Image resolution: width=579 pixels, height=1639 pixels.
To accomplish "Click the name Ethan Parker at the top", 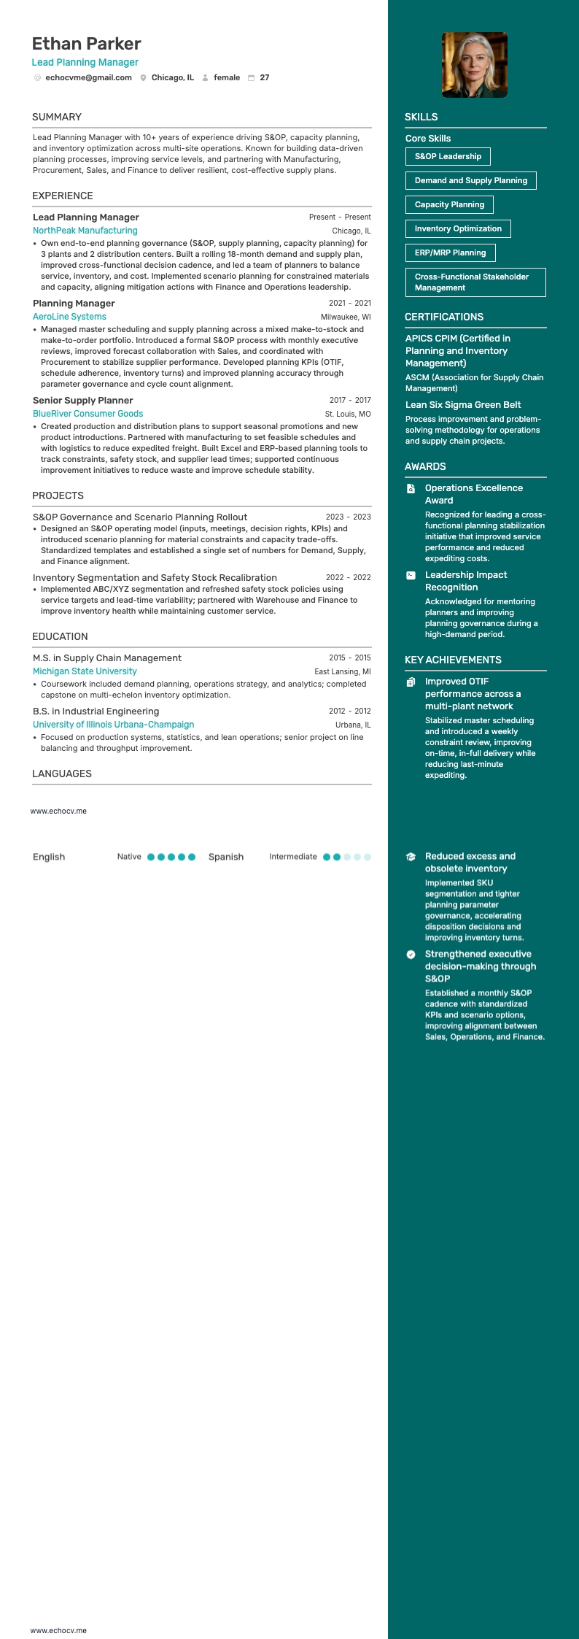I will [x=86, y=44].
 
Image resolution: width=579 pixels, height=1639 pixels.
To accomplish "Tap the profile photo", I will [x=474, y=65].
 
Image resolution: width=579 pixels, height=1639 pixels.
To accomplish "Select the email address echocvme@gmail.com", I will [x=88, y=77].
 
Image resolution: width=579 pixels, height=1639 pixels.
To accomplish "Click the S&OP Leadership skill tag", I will [x=448, y=156].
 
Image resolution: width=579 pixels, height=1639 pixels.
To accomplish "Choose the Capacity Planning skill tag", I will [x=449, y=204].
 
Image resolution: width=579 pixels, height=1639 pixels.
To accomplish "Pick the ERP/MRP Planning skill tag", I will [x=450, y=252].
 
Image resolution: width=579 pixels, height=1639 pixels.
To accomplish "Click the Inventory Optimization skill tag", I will [x=458, y=228].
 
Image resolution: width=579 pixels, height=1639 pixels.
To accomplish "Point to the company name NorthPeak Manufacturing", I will [x=85, y=231].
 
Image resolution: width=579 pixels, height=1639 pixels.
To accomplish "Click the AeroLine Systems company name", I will [x=69, y=317].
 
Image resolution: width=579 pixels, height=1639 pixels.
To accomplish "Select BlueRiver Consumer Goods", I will [x=88, y=414].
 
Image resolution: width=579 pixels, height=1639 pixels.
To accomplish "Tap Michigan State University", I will [x=85, y=671].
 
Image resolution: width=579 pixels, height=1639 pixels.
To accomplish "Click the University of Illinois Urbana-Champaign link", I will [x=113, y=725].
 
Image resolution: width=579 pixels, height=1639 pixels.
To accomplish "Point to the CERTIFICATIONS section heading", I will [x=444, y=317].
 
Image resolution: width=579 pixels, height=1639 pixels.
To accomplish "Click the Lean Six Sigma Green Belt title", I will [x=463, y=405].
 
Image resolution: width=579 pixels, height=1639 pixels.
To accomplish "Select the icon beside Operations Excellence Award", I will [x=411, y=488].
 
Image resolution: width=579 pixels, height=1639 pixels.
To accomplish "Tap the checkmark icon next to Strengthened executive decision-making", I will [x=411, y=955].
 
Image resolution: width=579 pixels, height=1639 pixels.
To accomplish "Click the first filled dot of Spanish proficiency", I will [x=327, y=857].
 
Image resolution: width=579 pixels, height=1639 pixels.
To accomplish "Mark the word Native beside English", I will [x=129, y=857].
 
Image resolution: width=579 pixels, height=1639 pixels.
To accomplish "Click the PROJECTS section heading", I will [x=58, y=495].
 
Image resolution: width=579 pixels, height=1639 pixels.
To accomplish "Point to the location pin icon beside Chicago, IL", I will [x=143, y=78].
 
